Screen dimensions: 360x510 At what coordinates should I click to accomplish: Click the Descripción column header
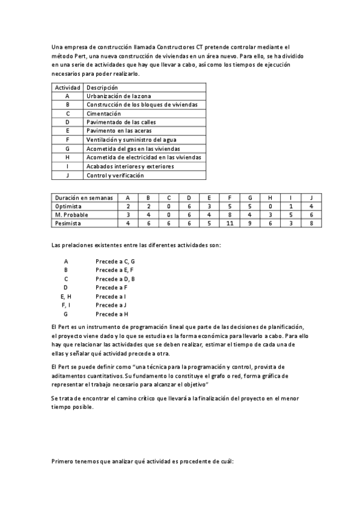[102, 87]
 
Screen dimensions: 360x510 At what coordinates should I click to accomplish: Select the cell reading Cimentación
[103, 113]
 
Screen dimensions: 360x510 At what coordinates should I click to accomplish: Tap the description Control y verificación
[115, 175]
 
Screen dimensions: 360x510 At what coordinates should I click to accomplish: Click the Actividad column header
[67, 87]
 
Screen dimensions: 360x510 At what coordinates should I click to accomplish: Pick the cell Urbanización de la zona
[119, 96]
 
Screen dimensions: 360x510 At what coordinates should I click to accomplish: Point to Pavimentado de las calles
[121, 122]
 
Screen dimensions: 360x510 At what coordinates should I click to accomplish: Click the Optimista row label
[69, 206]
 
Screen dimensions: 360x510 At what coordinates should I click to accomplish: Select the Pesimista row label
[68, 223]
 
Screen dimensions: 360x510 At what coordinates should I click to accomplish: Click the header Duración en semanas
[83, 197]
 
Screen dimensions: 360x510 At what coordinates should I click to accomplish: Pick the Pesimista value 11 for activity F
[230, 223]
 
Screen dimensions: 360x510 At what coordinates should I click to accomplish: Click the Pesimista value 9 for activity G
[250, 223]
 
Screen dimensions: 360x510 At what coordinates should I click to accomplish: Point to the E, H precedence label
[66, 296]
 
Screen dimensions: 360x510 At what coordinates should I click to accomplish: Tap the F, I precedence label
[66, 306]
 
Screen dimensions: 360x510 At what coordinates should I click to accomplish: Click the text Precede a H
[112, 314]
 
